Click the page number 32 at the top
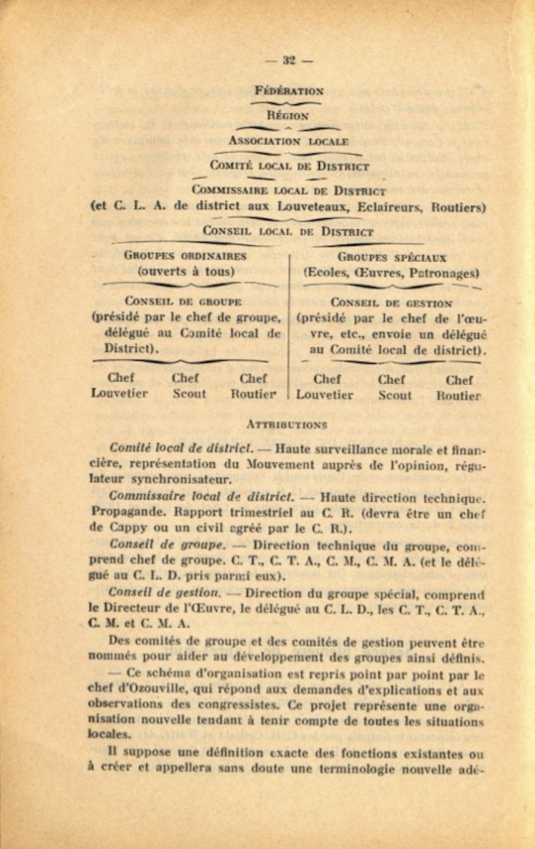[x=287, y=60]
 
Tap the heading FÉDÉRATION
[x=289, y=91]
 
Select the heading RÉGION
[x=287, y=115]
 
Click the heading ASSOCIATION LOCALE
[x=288, y=141]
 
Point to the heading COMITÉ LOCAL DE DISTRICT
[x=290, y=166]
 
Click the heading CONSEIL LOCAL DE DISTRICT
[x=287, y=232]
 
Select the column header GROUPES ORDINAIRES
[x=186, y=256]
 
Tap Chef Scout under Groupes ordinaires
[x=189, y=386]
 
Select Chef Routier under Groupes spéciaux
[x=459, y=387]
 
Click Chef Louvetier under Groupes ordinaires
[x=120, y=386]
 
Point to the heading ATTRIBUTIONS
[x=287, y=426]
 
